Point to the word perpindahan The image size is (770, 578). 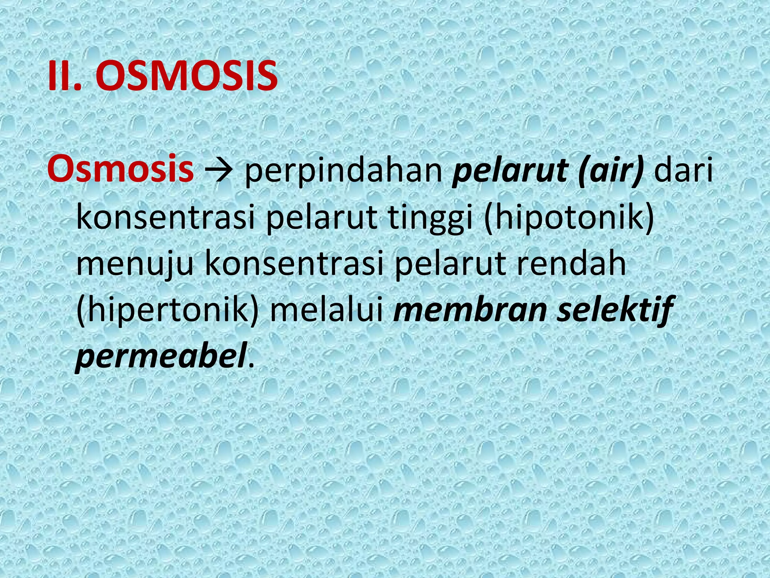(344, 172)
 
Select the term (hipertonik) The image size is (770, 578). (168, 311)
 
